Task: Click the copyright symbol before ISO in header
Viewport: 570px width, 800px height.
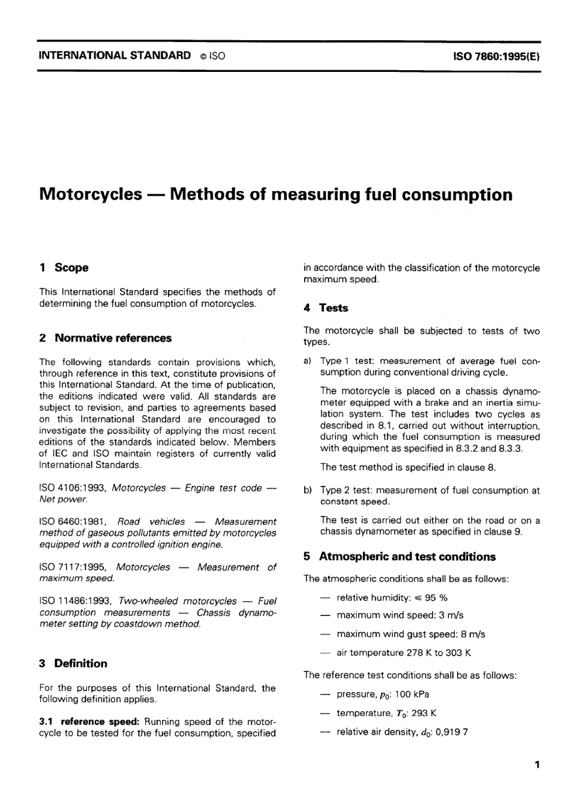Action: (203, 56)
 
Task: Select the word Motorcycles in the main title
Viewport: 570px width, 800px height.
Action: (90, 195)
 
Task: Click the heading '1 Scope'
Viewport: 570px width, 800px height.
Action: (64, 268)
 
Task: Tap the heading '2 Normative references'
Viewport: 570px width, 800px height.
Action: (105, 338)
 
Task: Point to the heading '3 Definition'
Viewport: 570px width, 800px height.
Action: (73, 663)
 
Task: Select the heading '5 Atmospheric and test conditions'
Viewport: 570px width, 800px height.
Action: (399, 557)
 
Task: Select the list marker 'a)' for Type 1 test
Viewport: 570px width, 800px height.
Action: (307, 361)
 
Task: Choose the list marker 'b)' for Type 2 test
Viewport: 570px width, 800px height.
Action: (307, 491)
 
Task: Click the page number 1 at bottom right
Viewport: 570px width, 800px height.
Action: (537, 765)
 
